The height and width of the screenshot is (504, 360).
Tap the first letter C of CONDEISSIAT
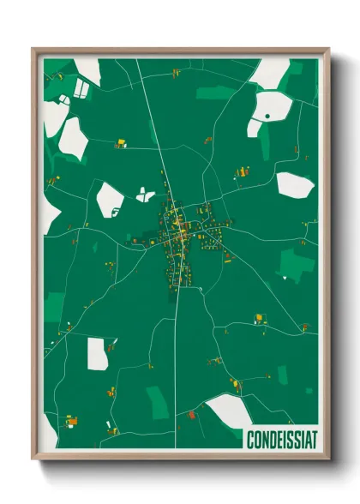[x=249, y=440]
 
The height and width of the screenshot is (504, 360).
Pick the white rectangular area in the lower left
[x=98, y=353]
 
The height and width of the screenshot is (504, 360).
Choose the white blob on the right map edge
[x=294, y=183]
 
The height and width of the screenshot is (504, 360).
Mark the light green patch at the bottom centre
[x=158, y=401]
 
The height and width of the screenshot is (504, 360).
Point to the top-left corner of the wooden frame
[x=33, y=50]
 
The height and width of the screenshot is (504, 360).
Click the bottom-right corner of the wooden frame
[x=329, y=459]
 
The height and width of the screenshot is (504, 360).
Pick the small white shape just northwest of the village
[x=145, y=195]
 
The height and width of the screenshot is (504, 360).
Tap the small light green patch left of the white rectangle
[x=53, y=301]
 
